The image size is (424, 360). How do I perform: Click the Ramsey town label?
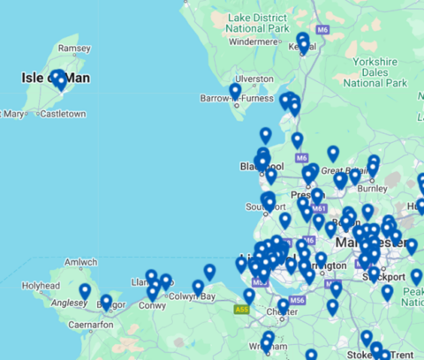click(x=68, y=49)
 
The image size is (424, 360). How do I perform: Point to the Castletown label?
click(x=63, y=114)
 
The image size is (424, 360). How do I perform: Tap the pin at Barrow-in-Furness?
click(x=235, y=91)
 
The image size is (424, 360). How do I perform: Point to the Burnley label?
click(x=373, y=188)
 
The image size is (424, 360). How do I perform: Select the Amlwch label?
click(x=80, y=262)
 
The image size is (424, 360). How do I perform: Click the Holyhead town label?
click(x=41, y=286)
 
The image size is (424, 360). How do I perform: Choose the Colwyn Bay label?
click(x=194, y=297)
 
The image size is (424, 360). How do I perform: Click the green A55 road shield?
click(x=243, y=310)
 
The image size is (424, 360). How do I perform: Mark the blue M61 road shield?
click(x=319, y=209)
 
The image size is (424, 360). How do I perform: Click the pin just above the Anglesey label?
click(x=85, y=290)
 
